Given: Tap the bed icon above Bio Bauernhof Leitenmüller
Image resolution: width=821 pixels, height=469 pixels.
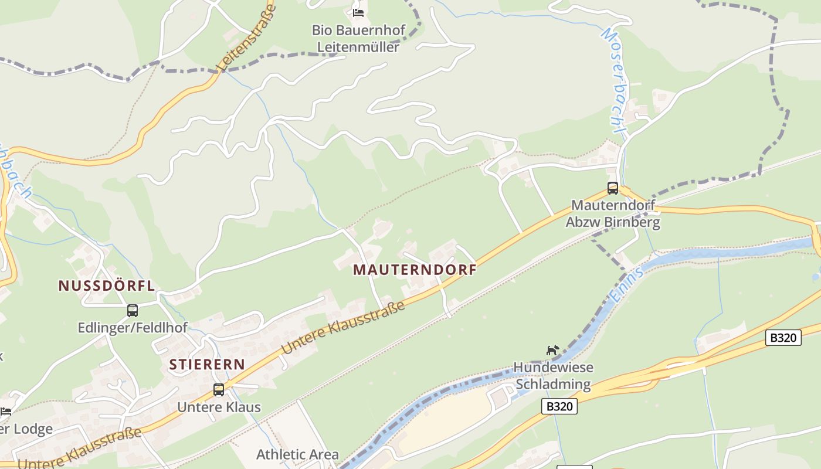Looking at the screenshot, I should [x=358, y=12].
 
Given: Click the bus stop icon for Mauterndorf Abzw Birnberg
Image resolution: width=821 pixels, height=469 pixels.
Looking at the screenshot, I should [x=613, y=188].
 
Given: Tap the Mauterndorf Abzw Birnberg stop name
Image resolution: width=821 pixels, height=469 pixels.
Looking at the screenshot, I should [x=613, y=214].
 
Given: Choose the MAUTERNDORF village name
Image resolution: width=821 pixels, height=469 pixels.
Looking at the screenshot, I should [x=415, y=270].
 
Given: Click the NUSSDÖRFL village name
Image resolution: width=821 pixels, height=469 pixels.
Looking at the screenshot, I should [x=106, y=286].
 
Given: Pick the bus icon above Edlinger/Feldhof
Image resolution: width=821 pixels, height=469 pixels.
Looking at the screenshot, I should [x=133, y=311].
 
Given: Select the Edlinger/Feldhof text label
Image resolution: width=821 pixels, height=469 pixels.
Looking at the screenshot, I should [x=133, y=328].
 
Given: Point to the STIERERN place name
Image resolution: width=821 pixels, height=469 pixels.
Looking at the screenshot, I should [x=207, y=364].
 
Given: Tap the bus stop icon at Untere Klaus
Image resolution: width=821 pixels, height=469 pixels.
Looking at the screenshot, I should [x=219, y=390].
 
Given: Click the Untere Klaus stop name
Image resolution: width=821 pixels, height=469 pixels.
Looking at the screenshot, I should [x=219, y=407].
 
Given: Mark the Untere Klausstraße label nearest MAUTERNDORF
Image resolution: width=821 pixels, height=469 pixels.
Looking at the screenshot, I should [x=343, y=328].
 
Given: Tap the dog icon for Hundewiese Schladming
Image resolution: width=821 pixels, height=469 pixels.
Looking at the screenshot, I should [x=552, y=350].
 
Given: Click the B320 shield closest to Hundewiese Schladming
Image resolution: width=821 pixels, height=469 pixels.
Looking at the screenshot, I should [x=559, y=406].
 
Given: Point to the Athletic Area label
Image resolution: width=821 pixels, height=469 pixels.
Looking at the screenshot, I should [x=297, y=454].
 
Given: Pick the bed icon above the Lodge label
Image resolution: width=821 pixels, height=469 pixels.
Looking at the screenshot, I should [x=5, y=411].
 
